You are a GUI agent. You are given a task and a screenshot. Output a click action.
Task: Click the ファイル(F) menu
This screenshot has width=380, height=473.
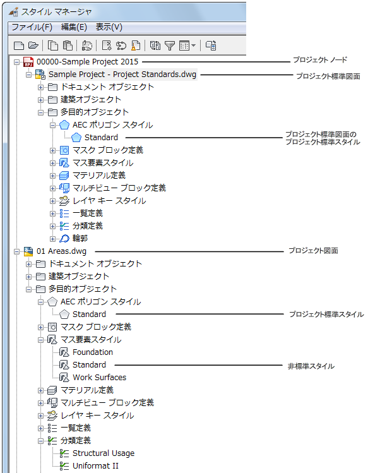tap(32, 27)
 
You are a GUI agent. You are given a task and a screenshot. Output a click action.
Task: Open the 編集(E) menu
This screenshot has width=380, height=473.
tap(74, 27)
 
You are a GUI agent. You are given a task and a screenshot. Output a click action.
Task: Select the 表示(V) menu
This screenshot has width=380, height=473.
tap(109, 27)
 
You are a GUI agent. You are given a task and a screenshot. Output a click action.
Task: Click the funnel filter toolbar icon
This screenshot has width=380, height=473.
tap(170, 45)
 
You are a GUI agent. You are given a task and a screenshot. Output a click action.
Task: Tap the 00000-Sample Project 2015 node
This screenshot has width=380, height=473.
tap(87, 61)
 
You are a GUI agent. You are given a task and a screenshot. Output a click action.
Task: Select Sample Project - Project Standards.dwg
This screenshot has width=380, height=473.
tap(122, 75)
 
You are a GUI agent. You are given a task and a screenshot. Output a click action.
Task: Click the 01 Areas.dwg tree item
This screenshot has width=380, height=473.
tap(61, 251)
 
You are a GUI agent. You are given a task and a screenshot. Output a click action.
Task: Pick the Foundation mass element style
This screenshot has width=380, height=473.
tap(93, 352)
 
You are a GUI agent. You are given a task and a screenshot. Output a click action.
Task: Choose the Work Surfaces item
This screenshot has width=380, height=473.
tap(99, 378)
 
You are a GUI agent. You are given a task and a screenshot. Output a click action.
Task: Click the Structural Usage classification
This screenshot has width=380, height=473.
tap(104, 453)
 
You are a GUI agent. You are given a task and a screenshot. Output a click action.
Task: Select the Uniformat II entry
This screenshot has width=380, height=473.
tap(95, 466)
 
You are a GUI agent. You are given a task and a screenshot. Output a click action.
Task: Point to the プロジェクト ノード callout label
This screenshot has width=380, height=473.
tap(320, 60)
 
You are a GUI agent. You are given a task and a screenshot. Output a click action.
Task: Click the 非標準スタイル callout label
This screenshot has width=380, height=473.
tap(311, 366)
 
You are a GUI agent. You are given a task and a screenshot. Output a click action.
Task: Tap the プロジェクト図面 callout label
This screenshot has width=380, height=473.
tap(313, 251)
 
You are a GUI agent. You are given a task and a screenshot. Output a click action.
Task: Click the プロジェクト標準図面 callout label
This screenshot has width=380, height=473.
tap(328, 76)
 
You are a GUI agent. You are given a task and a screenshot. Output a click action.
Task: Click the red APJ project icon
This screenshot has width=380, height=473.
tap(28, 62)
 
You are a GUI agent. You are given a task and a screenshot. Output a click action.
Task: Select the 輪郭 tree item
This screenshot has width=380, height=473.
tap(80, 238)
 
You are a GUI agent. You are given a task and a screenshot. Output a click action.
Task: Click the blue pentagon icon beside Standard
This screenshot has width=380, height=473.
tap(76, 138)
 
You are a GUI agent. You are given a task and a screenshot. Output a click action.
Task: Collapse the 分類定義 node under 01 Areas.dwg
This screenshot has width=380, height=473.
tap(40, 441)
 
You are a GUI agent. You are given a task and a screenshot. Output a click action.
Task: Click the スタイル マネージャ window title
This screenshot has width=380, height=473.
tap(56, 12)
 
